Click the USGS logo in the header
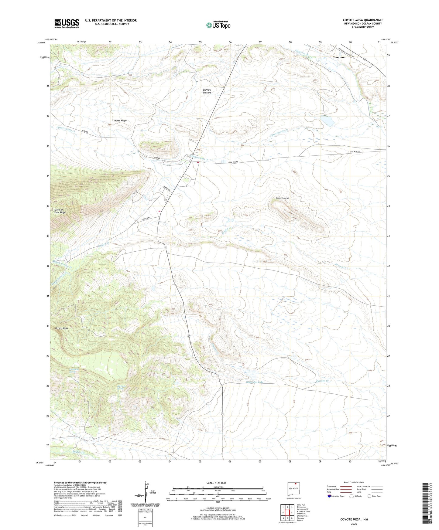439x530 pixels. point(67,23)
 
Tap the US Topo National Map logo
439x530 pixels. point(218,25)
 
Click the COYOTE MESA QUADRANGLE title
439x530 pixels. point(363,20)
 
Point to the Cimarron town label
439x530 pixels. point(339,57)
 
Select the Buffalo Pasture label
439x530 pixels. point(207,91)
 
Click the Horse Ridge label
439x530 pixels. point(120,121)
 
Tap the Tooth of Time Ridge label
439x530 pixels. point(60,211)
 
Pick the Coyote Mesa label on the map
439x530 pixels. point(282,198)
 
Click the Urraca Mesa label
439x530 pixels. point(61,328)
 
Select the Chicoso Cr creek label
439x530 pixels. point(323,381)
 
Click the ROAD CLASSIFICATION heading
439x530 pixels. point(354,482)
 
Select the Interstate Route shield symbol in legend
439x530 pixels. point(329,496)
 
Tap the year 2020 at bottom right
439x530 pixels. point(354,524)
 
